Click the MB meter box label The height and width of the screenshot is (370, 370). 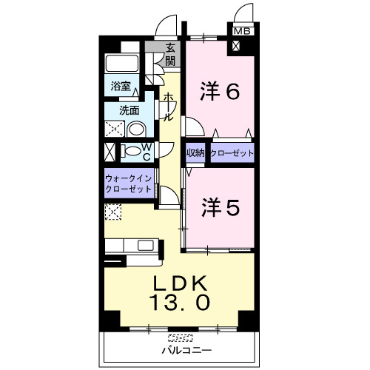242,31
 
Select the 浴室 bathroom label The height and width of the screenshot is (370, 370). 121,86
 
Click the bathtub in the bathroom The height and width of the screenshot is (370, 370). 122,64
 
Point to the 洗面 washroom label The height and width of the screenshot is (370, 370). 129,110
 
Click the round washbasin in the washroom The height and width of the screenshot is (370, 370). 136,129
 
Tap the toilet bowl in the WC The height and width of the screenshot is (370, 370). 132,151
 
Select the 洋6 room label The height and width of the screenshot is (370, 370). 220,91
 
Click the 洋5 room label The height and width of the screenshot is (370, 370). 221,207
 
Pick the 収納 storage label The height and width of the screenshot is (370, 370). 195,153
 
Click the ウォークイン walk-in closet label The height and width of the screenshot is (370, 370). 128,178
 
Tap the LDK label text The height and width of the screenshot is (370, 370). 180,283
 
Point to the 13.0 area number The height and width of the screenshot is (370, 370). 179,303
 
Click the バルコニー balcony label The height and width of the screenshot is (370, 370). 186,350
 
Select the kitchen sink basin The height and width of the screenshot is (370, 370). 146,245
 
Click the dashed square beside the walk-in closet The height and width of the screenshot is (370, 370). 113,212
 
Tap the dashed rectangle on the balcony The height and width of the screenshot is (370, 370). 180,337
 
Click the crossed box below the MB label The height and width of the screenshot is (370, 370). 236,46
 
